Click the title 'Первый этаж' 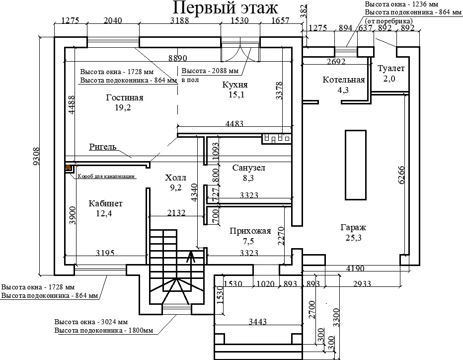(225, 8)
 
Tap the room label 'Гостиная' (124, 97)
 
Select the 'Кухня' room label (235, 85)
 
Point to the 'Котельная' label (343, 80)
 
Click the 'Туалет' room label (391, 68)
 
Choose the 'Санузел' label (248, 168)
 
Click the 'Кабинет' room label (105, 203)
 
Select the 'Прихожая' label (250, 231)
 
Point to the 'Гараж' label (353, 227)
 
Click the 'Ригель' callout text (102, 147)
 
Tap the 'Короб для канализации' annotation (106, 176)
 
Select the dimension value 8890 (177, 58)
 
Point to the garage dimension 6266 (401, 175)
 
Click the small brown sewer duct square (68, 168)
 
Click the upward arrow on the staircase (191, 257)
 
